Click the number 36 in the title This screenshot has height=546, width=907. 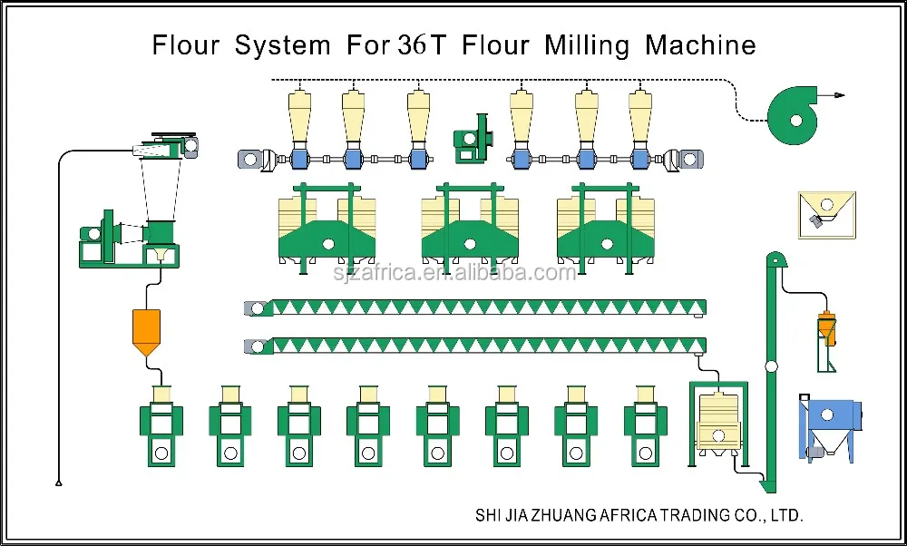pyautogui.click(x=412, y=45)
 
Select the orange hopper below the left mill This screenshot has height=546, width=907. pyautogui.click(x=146, y=331)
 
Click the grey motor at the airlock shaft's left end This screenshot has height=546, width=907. pyautogui.click(x=250, y=160)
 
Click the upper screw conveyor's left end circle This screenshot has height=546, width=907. pyautogui.click(x=258, y=308)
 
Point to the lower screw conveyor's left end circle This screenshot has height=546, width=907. pyautogui.click(x=258, y=346)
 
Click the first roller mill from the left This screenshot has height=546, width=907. pyautogui.click(x=161, y=427)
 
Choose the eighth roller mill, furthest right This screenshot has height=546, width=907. pyautogui.click(x=645, y=427)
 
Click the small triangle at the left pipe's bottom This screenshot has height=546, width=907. pyautogui.click(x=59, y=483)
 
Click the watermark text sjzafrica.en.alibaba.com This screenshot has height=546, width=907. pyautogui.click(x=454, y=271)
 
